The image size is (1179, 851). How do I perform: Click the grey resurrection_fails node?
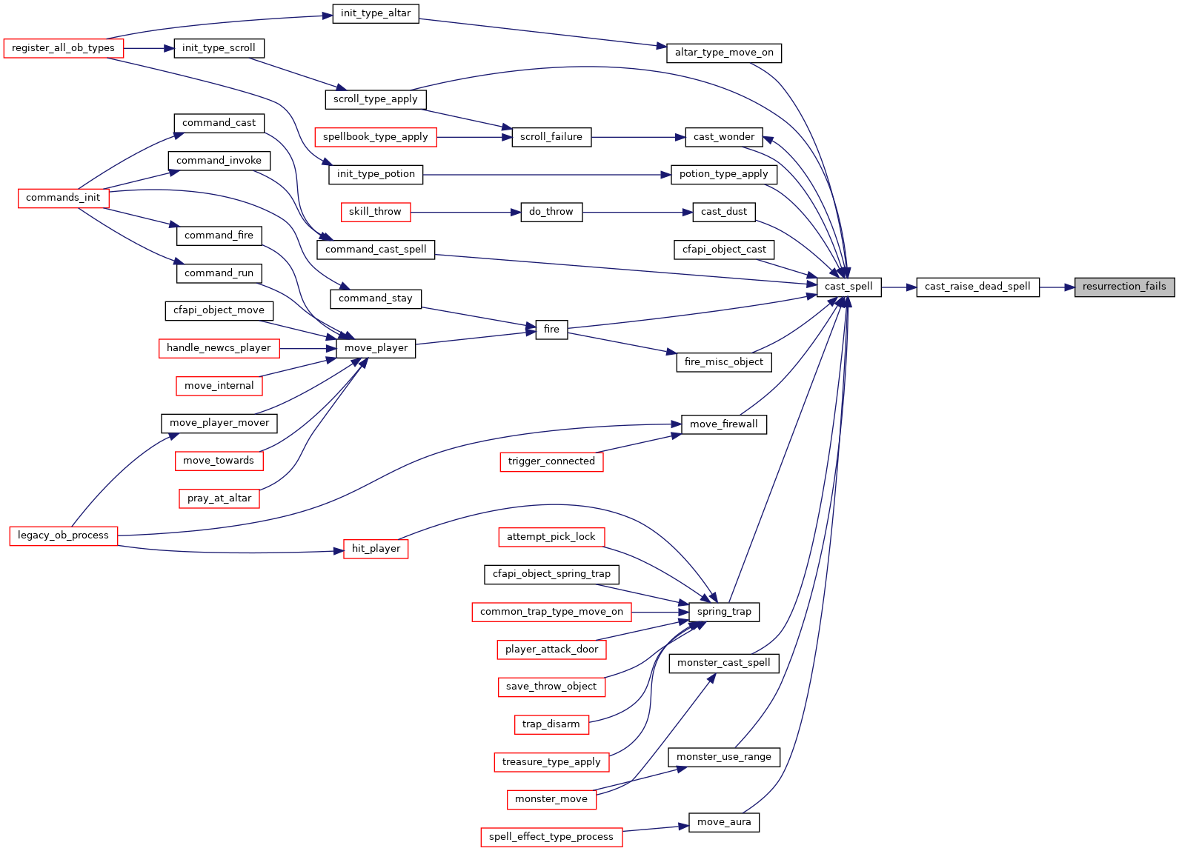tap(1124, 287)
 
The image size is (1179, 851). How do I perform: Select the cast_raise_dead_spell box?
tap(977, 287)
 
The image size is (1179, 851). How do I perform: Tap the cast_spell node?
tap(848, 287)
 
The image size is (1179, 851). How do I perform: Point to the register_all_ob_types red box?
tap(63, 48)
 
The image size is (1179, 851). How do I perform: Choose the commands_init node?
tap(63, 198)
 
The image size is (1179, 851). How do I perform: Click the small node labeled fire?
tap(551, 330)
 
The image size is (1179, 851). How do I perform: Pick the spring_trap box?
tap(724, 613)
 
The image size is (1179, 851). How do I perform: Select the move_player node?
tap(376, 348)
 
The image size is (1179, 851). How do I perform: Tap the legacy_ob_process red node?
tap(63, 536)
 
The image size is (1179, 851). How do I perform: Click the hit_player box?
tap(376, 549)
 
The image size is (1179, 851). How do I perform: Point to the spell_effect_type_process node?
tap(551, 838)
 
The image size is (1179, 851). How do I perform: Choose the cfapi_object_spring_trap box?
tap(551, 574)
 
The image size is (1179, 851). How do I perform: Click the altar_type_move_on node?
tap(724, 53)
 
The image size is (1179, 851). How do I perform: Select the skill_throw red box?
tap(376, 212)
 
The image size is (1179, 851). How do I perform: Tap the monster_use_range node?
tap(724, 758)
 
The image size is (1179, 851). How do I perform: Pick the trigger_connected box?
tap(551, 461)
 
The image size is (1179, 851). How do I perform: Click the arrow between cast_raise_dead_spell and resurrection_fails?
tap(1057, 287)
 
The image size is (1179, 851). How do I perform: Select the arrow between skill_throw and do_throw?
tap(466, 213)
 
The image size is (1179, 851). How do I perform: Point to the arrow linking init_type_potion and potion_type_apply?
tap(547, 175)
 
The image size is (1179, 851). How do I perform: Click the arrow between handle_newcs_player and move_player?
tap(308, 349)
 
